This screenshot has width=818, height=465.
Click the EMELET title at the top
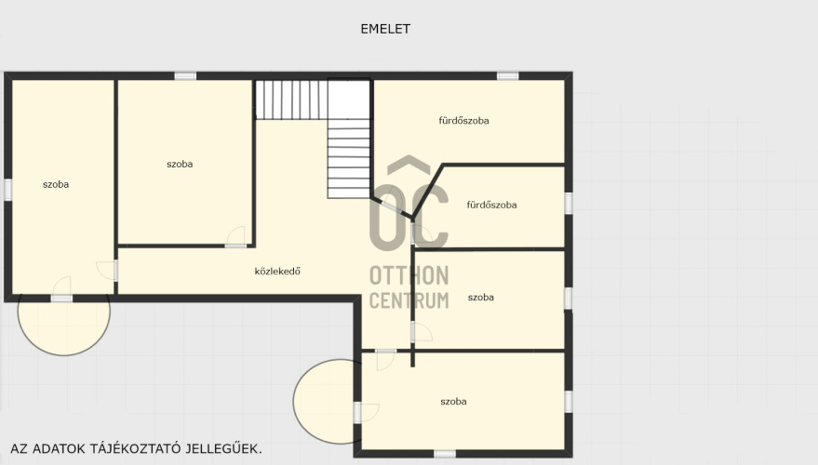(385, 29)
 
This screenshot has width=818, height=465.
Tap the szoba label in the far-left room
(56, 184)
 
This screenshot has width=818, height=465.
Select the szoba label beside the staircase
(180, 165)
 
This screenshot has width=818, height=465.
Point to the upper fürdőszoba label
(463, 120)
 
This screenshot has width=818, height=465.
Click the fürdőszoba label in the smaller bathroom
(491, 205)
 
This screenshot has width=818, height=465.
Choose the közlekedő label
(277, 271)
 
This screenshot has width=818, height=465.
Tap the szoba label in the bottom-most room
(453, 402)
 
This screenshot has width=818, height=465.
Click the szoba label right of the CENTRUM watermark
(480, 298)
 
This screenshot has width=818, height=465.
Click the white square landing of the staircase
(348, 100)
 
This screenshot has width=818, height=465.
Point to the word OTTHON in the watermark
(409, 276)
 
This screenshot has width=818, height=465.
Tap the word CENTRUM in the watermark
(409, 300)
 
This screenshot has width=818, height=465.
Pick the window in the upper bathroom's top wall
(507, 76)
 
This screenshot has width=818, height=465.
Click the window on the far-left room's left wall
(7, 190)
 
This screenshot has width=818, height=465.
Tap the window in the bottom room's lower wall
(445, 454)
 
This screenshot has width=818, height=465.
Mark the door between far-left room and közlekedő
(115, 271)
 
